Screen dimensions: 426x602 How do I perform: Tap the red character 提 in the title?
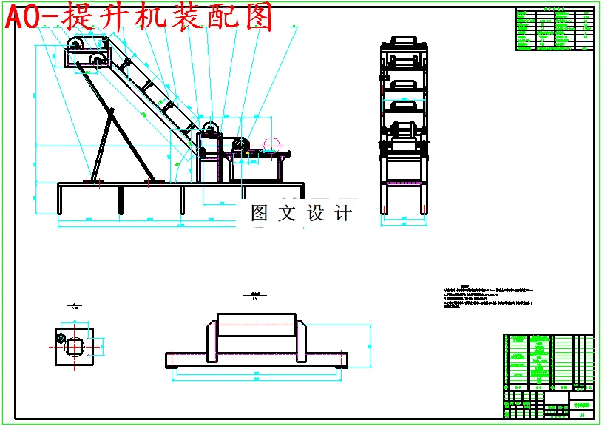point(71,16)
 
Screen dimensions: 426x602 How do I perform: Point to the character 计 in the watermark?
point(343,214)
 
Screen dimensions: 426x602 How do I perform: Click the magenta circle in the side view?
point(271,145)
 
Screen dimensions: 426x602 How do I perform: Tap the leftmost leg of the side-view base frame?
point(60,200)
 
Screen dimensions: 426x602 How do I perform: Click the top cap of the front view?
point(404,41)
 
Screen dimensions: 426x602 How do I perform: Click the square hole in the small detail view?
point(75,345)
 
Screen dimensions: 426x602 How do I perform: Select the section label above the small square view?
point(75,305)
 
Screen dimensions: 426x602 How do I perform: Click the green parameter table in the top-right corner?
point(554,30)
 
